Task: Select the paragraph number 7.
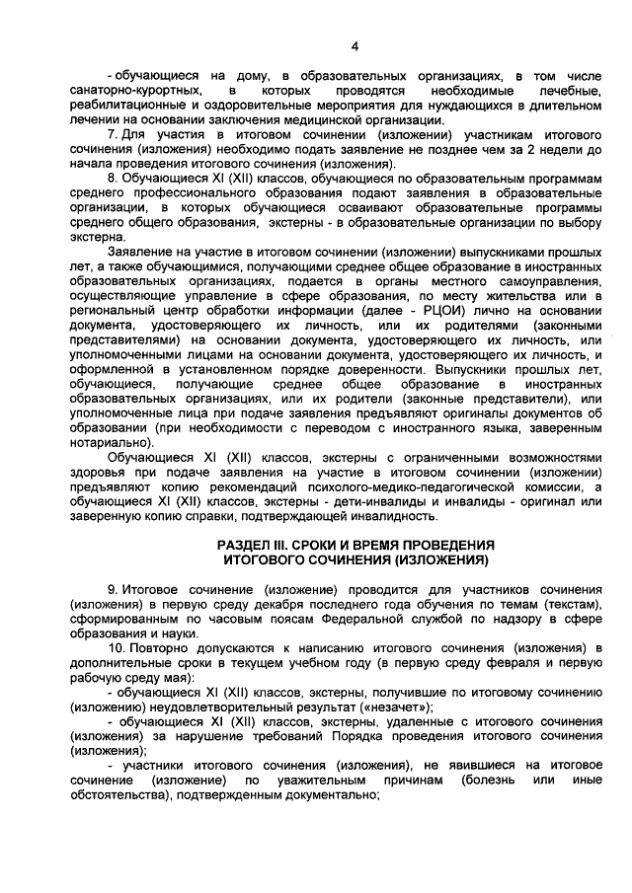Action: pyautogui.click(x=113, y=133)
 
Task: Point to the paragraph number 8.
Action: pyautogui.click(x=113, y=177)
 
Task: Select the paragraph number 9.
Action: pyautogui.click(x=113, y=589)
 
